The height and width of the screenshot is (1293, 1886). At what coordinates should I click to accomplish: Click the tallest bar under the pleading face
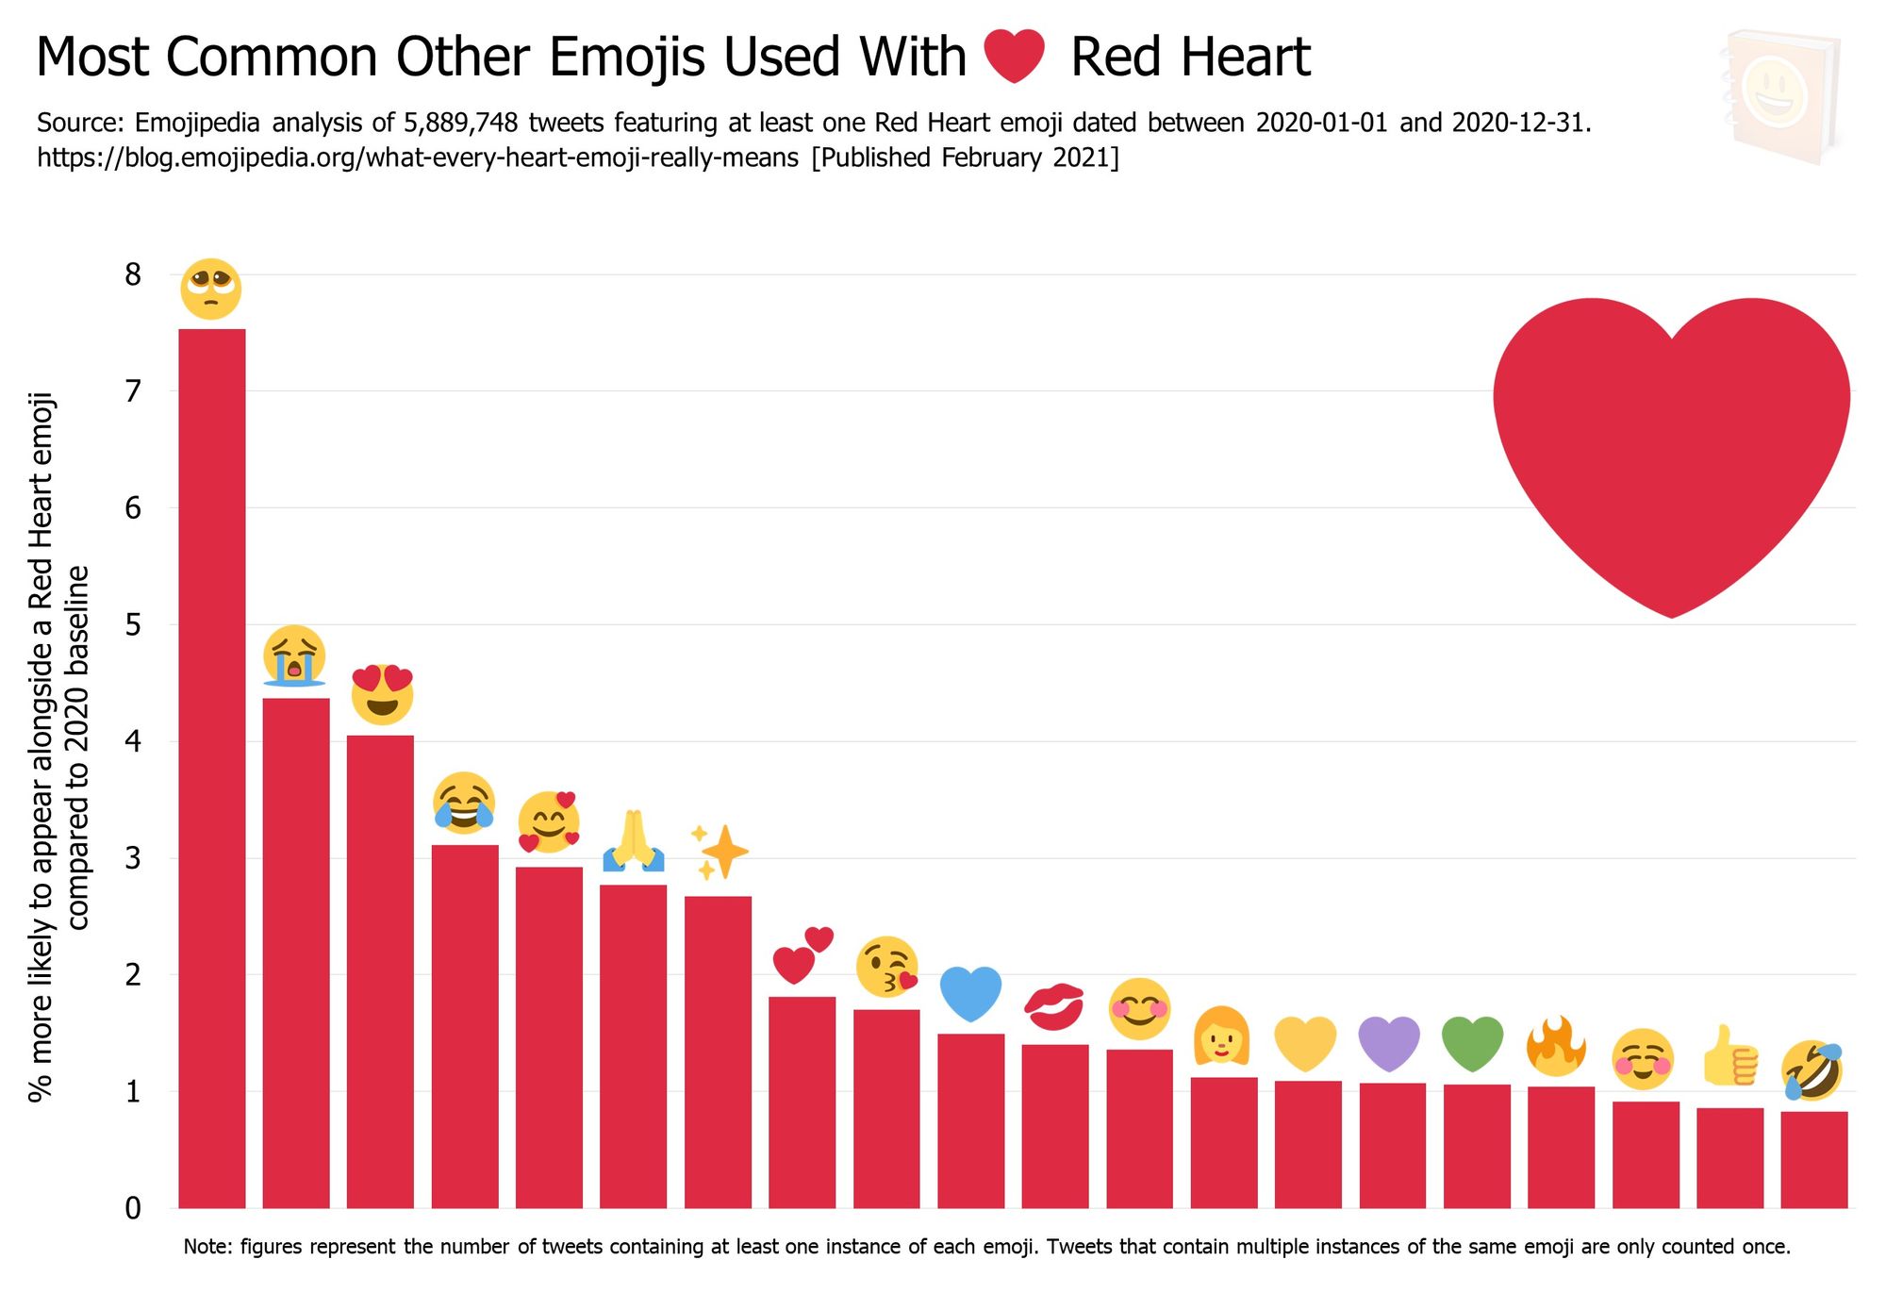[x=212, y=768]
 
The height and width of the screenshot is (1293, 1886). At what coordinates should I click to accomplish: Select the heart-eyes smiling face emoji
[x=382, y=694]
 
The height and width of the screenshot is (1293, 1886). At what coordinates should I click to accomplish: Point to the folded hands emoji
[x=634, y=840]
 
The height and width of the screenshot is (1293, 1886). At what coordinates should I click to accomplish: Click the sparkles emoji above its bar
[x=720, y=852]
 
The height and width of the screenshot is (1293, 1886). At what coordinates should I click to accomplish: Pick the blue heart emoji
[x=971, y=993]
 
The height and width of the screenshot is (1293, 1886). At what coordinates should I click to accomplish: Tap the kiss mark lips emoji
[x=1054, y=1006]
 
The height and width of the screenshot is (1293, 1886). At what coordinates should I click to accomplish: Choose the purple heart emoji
[x=1389, y=1043]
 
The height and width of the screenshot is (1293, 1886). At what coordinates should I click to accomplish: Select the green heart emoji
[x=1473, y=1043]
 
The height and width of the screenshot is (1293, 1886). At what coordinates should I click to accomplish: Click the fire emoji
[x=1557, y=1046]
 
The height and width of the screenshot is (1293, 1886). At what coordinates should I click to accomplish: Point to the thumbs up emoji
[x=1730, y=1055]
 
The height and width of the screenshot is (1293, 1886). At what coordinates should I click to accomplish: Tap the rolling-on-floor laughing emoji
[x=1812, y=1070]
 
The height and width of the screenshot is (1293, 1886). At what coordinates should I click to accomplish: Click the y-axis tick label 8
[x=133, y=274]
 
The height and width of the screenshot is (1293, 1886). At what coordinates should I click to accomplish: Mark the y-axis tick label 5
[x=133, y=624]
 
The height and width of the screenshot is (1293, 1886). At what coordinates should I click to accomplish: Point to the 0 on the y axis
[x=133, y=1208]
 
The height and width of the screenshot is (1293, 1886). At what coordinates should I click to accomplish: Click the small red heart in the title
[x=1014, y=56]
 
